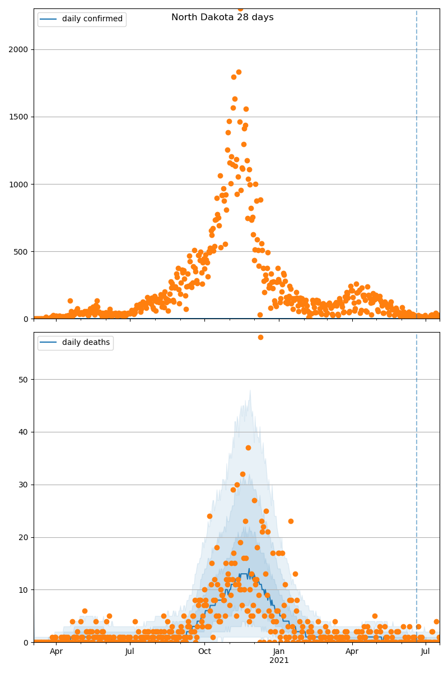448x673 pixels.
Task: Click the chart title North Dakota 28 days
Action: [222, 17]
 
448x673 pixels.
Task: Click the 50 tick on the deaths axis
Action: [23, 379]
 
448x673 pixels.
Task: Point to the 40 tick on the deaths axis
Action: [23, 432]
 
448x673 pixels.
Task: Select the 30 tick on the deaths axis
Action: [23, 485]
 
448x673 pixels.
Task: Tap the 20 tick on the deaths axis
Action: [23, 537]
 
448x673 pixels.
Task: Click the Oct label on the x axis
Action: [204, 652]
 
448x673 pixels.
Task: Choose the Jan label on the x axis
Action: [279, 652]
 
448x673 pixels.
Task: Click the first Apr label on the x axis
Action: [56, 652]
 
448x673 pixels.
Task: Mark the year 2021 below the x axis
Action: [279, 661]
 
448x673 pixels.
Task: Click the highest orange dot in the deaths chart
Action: [260, 337]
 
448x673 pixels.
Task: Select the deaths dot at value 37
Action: [248, 448]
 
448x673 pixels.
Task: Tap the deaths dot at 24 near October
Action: [209, 516]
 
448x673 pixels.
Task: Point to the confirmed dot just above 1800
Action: [239, 72]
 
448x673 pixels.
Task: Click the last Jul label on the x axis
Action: [426, 652]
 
